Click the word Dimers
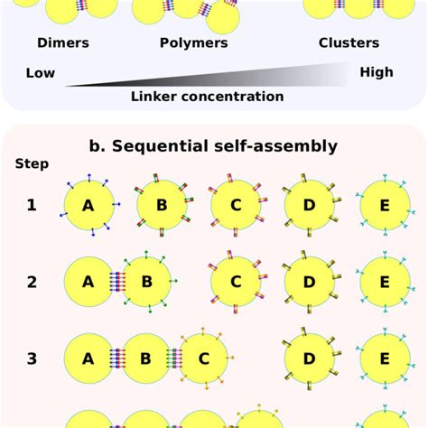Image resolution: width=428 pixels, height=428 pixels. tap(63, 42)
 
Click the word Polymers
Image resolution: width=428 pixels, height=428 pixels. tap(194, 42)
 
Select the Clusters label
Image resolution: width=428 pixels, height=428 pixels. tap(349, 42)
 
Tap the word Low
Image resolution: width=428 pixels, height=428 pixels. tap(42, 72)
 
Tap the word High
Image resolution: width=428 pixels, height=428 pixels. tap(377, 72)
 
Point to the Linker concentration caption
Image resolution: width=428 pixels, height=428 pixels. tap(207, 96)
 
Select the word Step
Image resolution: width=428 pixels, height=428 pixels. tap(32, 164)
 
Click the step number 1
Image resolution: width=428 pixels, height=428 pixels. tap(32, 205)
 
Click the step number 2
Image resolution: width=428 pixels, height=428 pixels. tap(32, 282)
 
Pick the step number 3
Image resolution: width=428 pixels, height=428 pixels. tap(32, 358)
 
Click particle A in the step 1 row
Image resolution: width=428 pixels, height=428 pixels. tap(88, 205)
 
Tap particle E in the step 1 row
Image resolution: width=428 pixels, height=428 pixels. tap(384, 205)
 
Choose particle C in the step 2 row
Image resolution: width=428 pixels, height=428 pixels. tap(236, 282)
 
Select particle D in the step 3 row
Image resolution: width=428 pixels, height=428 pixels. tap(310, 358)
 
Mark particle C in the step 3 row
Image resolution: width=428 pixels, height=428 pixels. tap(204, 358)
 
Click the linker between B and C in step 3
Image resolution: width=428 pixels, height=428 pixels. tap(175, 358)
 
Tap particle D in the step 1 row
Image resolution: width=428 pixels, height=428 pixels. tap(310, 205)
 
